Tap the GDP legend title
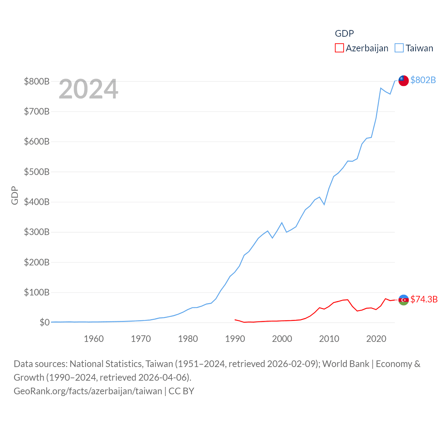344,34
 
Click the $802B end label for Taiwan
423,80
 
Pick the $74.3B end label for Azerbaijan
424,299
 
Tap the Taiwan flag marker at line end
403,80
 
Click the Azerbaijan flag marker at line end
403,300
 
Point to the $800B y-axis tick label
37,82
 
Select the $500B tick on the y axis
37,172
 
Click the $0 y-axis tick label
44,322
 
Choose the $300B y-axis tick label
37,232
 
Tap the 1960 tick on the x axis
94,339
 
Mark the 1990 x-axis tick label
235,339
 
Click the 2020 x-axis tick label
376,339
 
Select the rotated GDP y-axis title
15,196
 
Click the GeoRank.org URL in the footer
88,391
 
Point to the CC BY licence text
181,391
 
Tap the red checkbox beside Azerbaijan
339,48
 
